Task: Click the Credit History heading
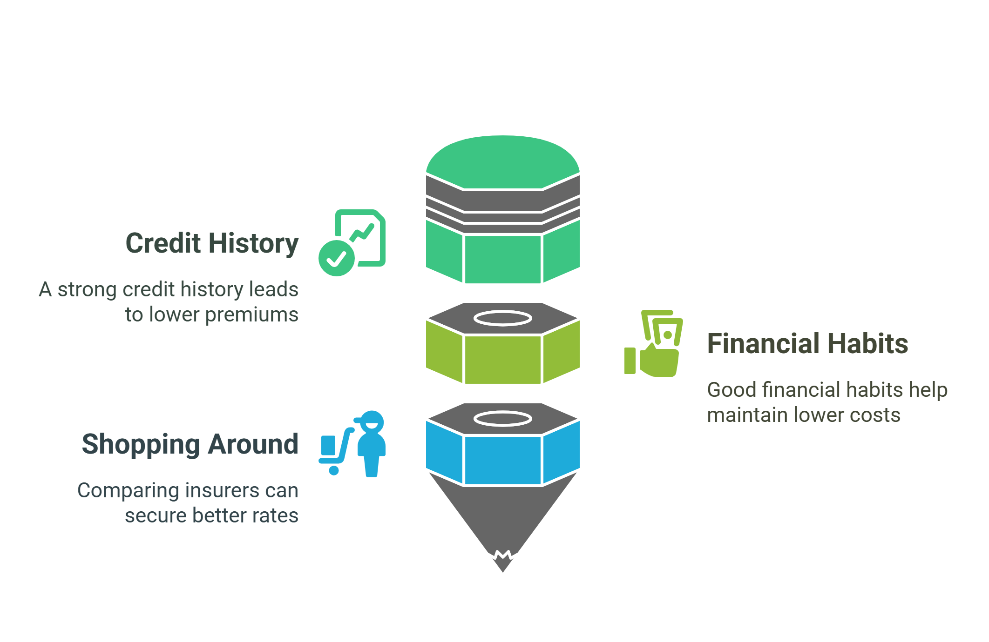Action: tap(212, 243)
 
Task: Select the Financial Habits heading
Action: tap(807, 344)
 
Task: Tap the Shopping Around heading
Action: tap(190, 444)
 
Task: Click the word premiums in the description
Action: tap(251, 315)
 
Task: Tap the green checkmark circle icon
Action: tap(336, 258)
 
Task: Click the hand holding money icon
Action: tap(654, 344)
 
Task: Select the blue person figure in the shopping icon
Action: tap(371, 444)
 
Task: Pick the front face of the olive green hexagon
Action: tap(503, 360)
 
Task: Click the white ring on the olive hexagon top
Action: tap(503, 319)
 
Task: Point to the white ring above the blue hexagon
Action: tap(503, 419)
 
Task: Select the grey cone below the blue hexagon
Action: tap(503, 516)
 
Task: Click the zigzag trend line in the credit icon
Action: tap(362, 232)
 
